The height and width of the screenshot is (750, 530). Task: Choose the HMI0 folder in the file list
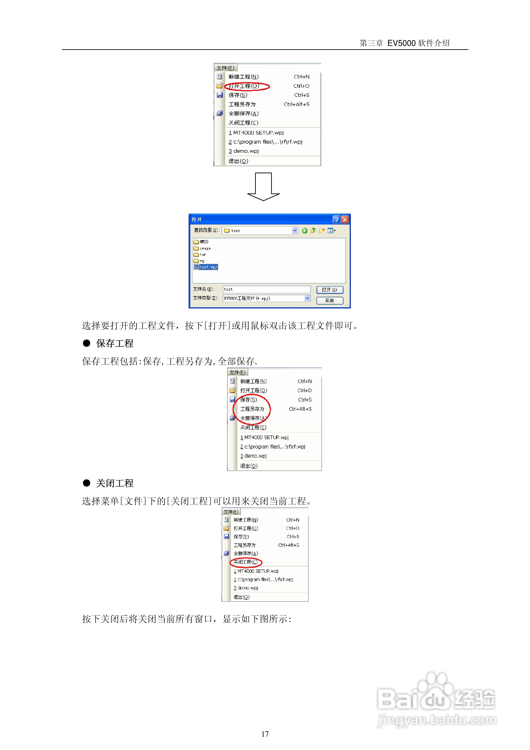(x=204, y=242)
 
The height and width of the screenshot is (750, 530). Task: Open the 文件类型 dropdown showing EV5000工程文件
(x=307, y=298)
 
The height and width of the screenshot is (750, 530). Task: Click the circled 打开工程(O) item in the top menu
(x=244, y=86)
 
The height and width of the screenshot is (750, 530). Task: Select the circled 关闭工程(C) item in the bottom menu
(x=245, y=562)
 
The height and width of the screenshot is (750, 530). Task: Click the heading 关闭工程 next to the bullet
(x=115, y=483)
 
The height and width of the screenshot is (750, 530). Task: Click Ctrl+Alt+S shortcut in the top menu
(x=296, y=104)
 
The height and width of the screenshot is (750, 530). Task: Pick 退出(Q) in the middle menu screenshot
(x=249, y=466)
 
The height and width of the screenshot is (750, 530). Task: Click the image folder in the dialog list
(x=205, y=248)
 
